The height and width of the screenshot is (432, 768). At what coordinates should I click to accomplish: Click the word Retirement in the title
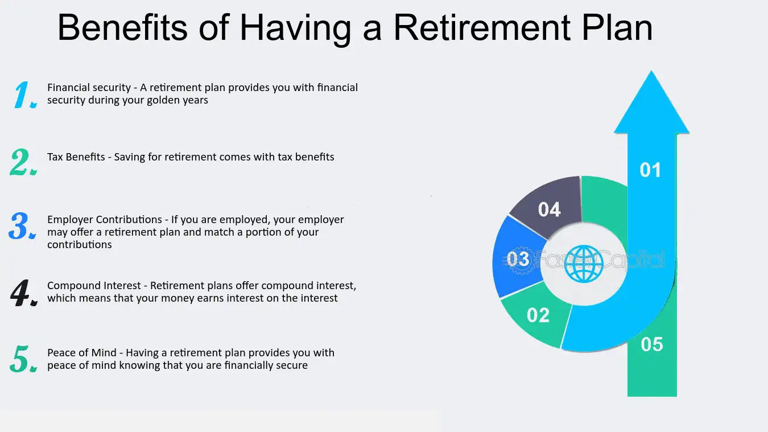[x=482, y=27]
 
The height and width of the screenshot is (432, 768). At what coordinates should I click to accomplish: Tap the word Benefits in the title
[x=122, y=27]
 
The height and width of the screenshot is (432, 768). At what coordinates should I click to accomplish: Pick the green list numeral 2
[x=23, y=162]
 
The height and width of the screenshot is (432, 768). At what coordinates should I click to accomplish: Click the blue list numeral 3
[x=22, y=225]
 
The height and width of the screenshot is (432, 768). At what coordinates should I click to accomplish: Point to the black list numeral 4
[x=24, y=293]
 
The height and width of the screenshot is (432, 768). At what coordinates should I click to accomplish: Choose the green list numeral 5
[x=23, y=359]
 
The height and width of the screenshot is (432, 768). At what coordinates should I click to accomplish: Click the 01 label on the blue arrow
[x=650, y=170]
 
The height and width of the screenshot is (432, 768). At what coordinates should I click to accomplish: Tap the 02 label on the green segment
[x=538, y=315]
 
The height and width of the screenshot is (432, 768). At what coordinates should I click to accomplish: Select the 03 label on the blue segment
[x=518, y=259]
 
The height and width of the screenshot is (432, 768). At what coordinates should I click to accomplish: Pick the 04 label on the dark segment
[x=549, y=209]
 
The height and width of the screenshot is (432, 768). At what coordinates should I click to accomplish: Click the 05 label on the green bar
[x=652, y=344]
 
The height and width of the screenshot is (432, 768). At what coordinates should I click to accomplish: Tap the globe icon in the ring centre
[x=584, y=264]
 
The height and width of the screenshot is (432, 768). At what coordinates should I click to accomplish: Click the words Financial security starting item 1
[x=89, y=88]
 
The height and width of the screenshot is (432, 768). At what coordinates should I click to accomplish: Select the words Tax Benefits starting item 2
[x=76, y=157]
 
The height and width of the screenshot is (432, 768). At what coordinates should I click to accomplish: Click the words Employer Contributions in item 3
[x=105, y=220]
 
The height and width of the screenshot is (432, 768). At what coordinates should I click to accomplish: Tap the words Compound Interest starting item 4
[x=94, y=286]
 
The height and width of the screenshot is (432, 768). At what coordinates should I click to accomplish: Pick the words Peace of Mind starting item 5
[x=82, y=353]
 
